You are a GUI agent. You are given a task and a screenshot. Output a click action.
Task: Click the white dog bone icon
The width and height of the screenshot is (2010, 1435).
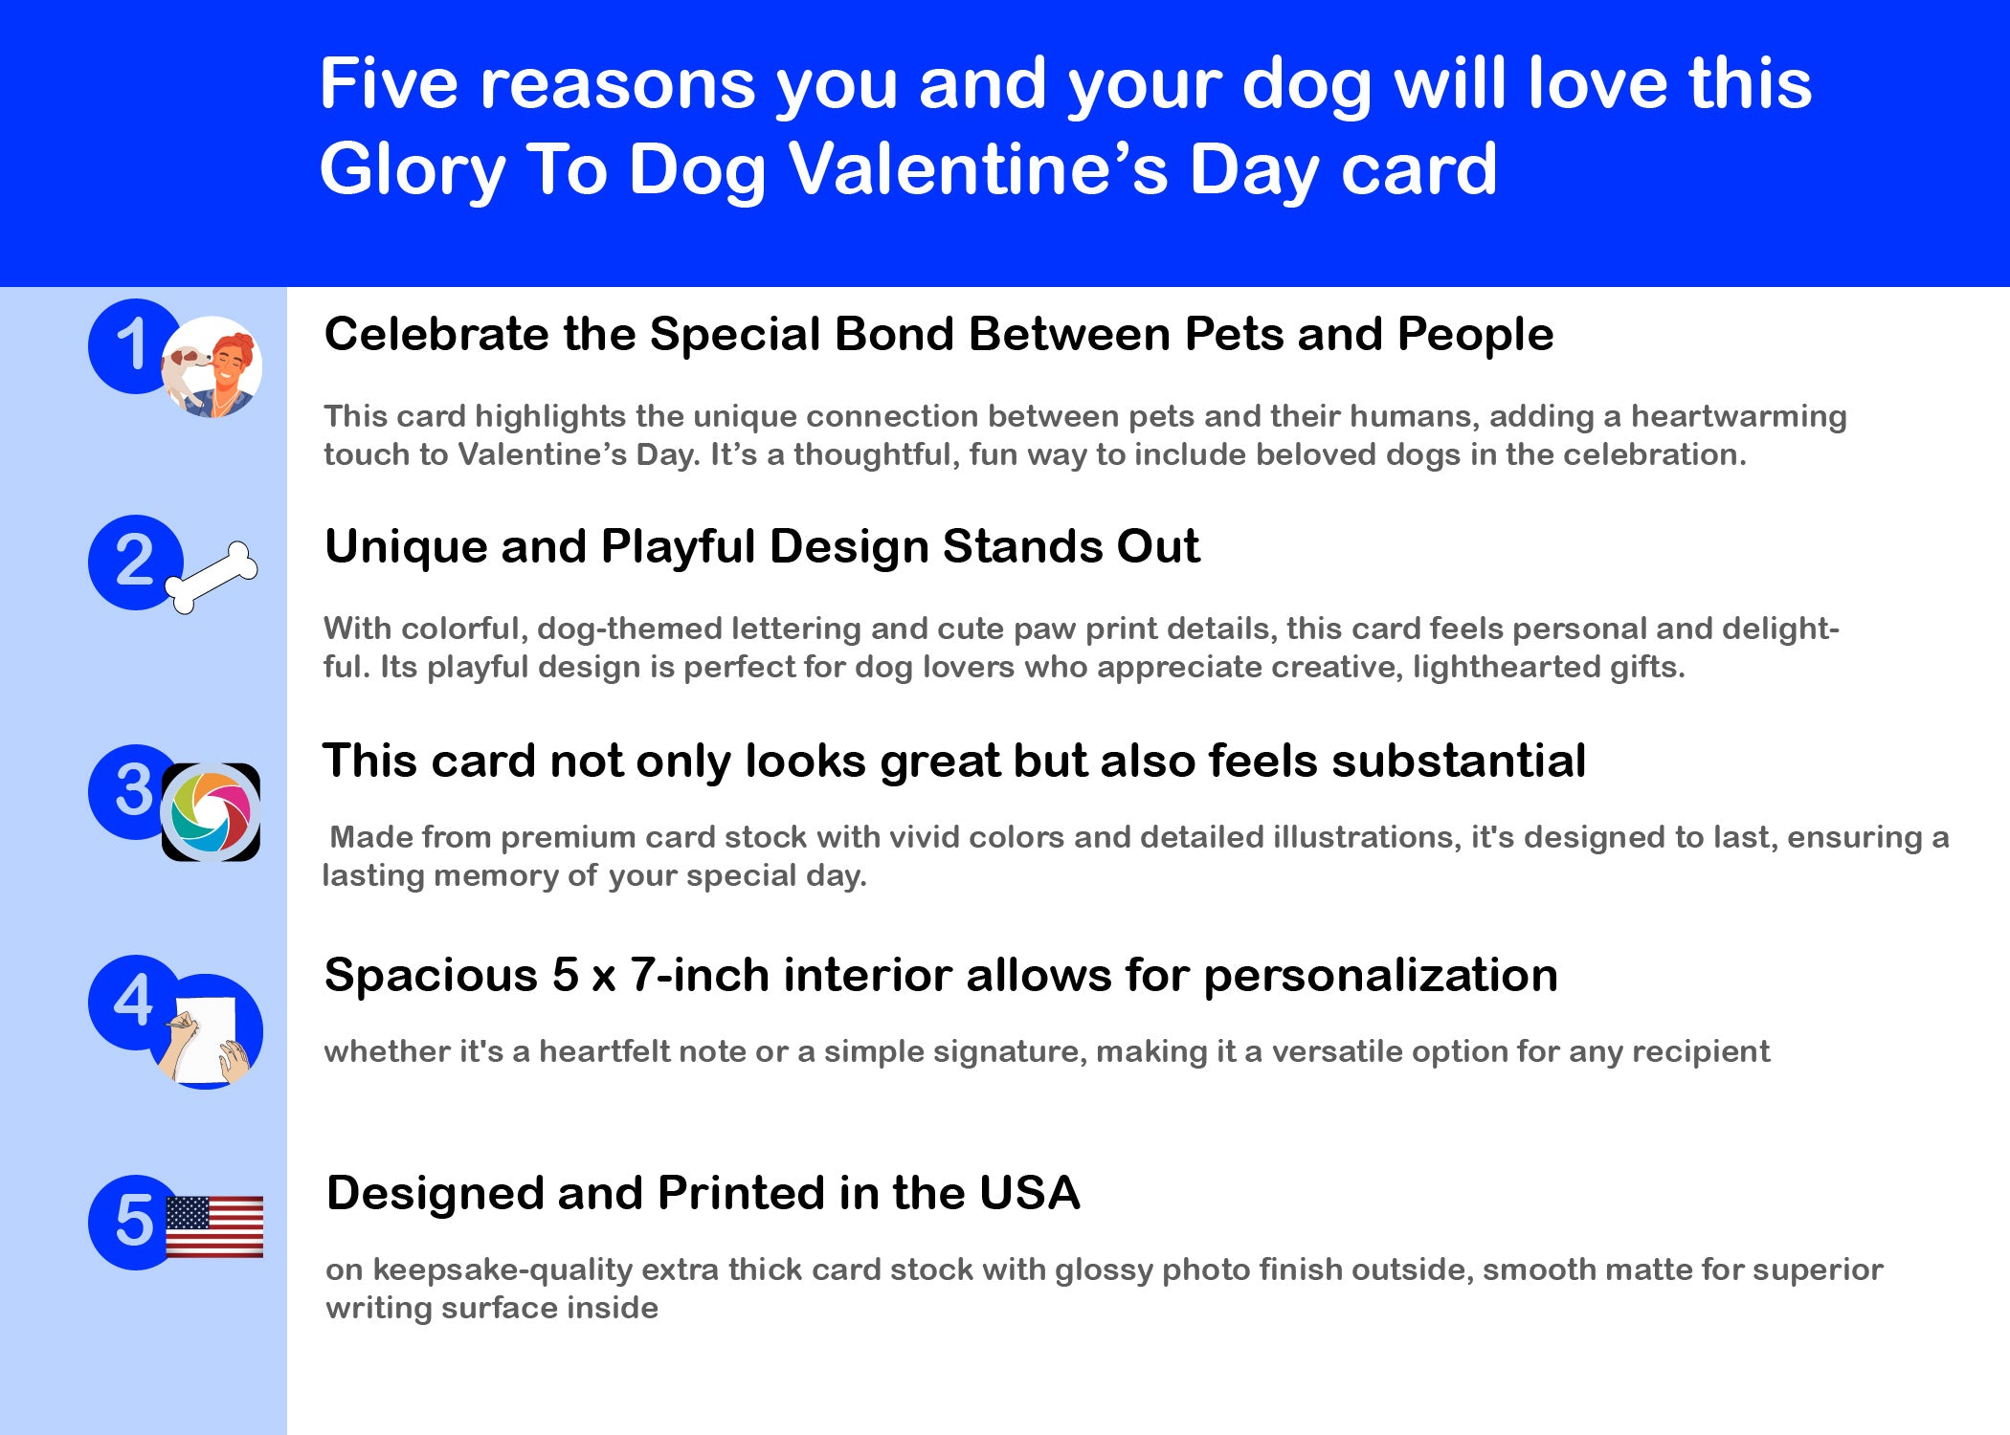point(212,577)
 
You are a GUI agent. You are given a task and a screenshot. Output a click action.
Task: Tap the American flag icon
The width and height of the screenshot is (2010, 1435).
point(214,1226)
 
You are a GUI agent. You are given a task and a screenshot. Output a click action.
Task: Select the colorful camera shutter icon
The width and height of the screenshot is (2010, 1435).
point(211,812)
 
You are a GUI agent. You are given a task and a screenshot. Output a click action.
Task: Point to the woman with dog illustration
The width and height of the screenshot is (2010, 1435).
point(212,367)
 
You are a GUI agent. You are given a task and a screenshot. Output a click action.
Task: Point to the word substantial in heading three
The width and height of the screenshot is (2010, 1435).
point(1459,762)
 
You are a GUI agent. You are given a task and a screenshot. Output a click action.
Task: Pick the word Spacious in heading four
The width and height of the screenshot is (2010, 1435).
point(432,977)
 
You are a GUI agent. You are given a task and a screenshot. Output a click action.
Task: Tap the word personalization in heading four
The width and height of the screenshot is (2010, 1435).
point(1380,977)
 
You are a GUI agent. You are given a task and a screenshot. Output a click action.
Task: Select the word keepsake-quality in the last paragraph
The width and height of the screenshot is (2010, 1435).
point(502,1270)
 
